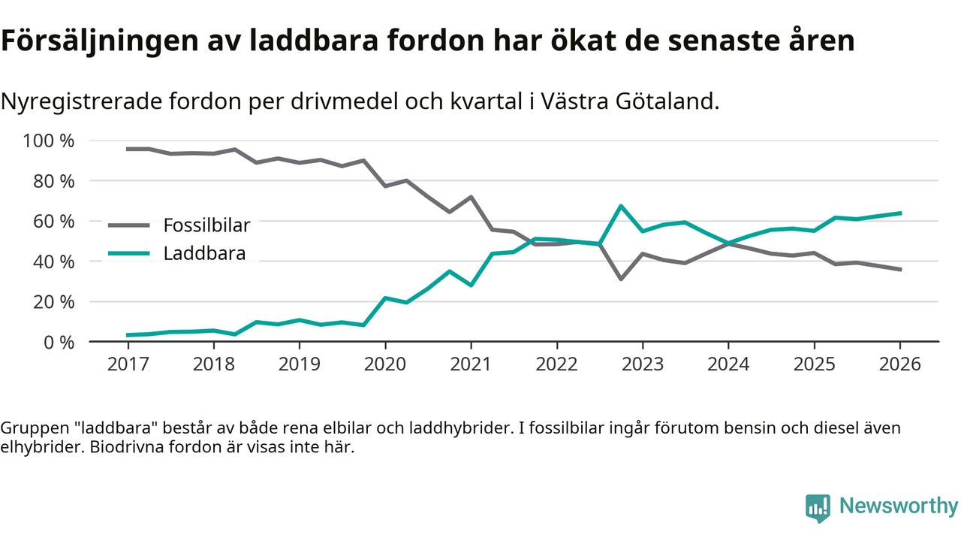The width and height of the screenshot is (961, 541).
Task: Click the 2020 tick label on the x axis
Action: click(385, 364)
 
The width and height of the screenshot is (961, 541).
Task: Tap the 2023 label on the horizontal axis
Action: click(643, 364)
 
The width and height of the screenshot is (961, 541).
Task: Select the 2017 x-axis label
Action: click(128, 364)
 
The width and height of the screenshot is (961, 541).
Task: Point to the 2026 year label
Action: click(900, 364)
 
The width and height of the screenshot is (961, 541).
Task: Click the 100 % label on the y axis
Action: click(49, 141)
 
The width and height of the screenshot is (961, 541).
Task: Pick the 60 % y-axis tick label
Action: click(53, 222)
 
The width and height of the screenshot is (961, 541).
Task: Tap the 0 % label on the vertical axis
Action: click(58, 342)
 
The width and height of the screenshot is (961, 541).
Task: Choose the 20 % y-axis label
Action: click(53, 302)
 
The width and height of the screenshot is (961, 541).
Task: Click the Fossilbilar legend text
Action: click(206, 225)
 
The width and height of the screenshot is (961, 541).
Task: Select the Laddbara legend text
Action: click(204, 254)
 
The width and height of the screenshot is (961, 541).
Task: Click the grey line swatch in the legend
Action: click(129, 225)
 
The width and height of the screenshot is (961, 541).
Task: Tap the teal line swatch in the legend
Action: click(129, 254)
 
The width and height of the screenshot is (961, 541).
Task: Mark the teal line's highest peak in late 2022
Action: click(621, 206)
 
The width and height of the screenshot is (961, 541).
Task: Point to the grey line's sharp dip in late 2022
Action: click(621, 279)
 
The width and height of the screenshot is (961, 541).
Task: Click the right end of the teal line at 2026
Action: click(900, 213)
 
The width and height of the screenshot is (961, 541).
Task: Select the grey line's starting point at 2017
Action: click(128, 149)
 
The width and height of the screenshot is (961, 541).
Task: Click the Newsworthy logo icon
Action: click(818, 508)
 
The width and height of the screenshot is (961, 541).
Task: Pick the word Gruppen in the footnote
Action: click(29, 428)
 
